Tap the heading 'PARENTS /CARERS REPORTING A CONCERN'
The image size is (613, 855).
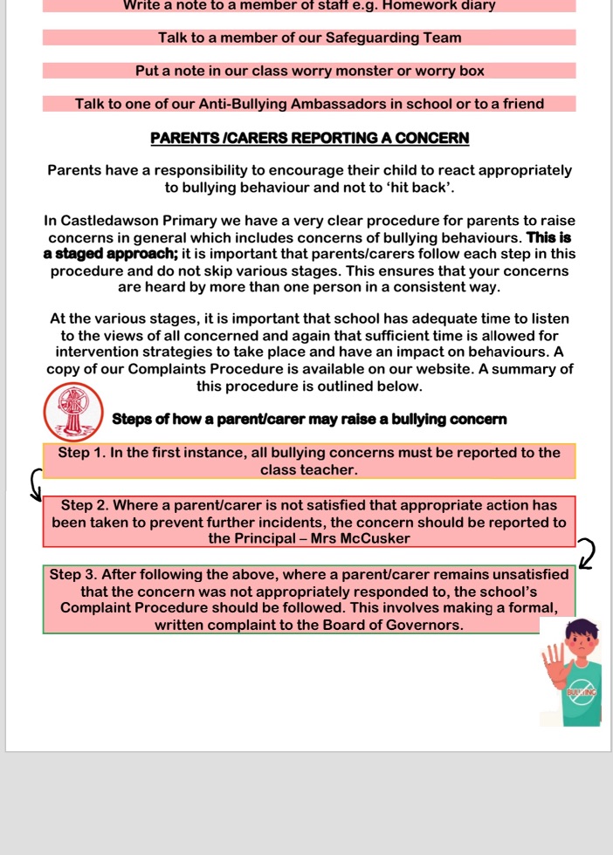pyautogui.click(x=310, y=138)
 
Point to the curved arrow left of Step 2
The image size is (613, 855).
pyautogui.click(x=36, y=484)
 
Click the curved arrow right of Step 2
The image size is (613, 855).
pyautogui.click(x=587, y=552)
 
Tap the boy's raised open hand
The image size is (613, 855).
pyautogui.click(x=555, y=668)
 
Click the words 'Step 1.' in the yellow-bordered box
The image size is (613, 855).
pyautogui.click(x=83, y=453)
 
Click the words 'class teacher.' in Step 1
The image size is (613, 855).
pyautogui.click(x=309, y=469)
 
